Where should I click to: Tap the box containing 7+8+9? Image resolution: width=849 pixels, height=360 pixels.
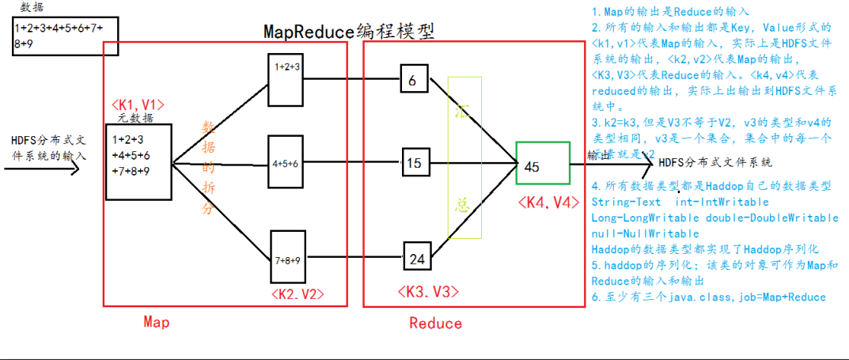287,258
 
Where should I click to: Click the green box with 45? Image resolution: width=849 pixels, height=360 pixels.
542,164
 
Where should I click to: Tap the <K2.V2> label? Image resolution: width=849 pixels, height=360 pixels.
297,295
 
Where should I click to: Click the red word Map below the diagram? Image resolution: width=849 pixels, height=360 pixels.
156,321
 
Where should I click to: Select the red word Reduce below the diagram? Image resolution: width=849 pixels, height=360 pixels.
435,323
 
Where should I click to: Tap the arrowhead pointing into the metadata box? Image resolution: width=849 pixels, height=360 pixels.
76,169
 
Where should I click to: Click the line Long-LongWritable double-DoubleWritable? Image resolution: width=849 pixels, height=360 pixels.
714,218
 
